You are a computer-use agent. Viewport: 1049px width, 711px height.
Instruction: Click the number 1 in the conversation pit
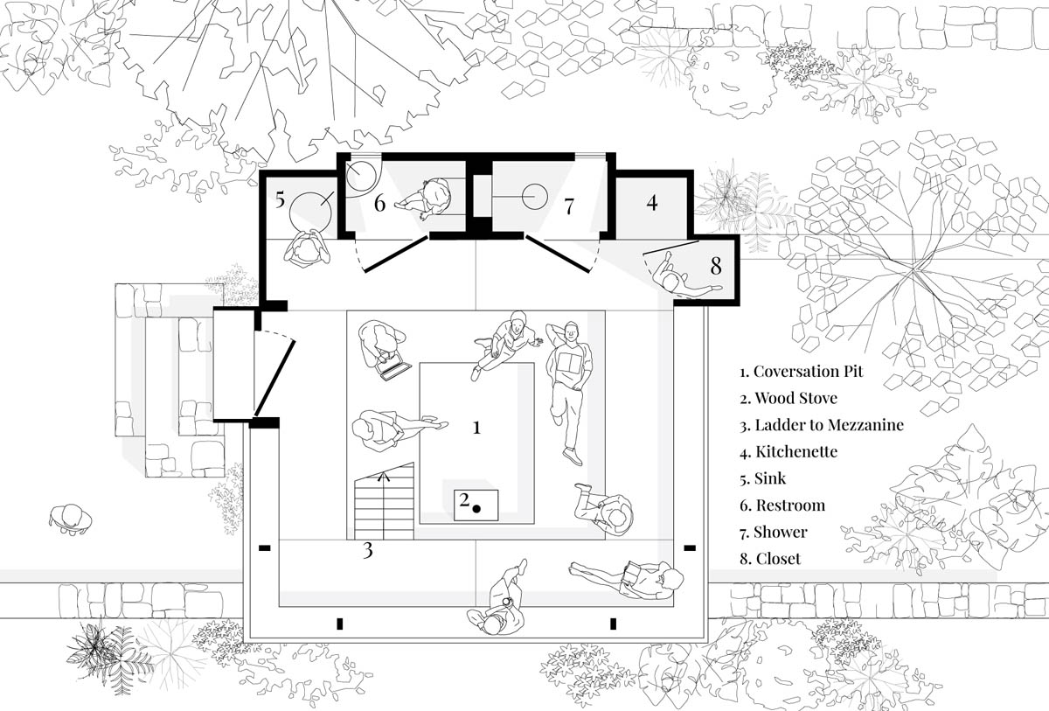(476, 427)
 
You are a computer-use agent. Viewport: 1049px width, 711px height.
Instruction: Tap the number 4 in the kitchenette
(652, 203)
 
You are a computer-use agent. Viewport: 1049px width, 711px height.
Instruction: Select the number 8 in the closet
(716, 266)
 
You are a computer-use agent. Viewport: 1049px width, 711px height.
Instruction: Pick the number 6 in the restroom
(379, 203)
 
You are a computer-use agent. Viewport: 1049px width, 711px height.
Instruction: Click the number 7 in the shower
(569, 206)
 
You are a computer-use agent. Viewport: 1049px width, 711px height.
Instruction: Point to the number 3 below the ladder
(368, 550)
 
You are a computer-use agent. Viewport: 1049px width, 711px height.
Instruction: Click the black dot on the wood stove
(476, 508)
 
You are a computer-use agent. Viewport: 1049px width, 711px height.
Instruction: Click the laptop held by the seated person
(395, 370)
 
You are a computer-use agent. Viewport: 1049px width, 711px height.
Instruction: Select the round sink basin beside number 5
(310, 213)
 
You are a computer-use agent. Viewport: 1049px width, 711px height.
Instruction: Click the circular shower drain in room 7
(534, 197)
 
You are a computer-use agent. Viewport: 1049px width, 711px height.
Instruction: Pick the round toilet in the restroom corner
(361, 176)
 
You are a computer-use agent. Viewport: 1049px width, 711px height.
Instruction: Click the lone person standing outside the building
(70, 519)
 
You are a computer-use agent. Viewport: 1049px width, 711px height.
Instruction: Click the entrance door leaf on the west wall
(274, 379)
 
